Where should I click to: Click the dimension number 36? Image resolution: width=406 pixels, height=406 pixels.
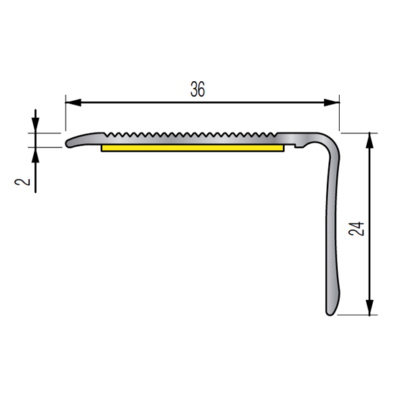click(x=198, y=89)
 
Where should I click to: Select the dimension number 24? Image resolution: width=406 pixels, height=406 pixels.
click(x=358, y=229)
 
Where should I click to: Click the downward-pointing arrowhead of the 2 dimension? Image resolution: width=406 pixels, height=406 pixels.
click(x=35, y=127)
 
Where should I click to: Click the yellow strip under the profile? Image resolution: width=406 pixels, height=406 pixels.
click(x=192, y=147)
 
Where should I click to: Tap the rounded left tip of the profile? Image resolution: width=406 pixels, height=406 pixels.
click(x=68, y=143)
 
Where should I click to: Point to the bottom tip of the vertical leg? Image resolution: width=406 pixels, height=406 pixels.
click(x=330, y=312)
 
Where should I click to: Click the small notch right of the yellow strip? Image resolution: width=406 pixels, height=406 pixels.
click(x=298, y=143)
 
